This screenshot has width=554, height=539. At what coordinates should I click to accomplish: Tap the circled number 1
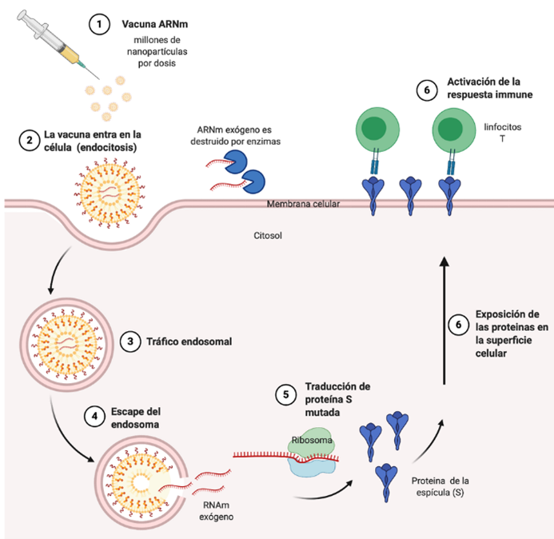pyautogui.click(x=99, y=24)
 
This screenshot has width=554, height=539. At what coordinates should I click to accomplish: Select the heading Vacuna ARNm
pyautogui.click(x=155, y=24)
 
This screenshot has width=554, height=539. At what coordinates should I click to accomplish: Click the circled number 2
pyautogui.click(x=30, y=140)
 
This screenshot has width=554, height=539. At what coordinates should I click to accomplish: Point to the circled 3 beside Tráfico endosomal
pyautogui.click(x=130, y=341)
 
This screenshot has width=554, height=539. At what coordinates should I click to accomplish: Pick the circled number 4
pyautogui.click(x=94, y=416)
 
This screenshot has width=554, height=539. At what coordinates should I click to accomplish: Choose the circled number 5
pyautogui.click(x=286, y=394)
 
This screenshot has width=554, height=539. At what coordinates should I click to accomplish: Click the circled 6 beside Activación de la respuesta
pyautogui.click(x=427, y=90)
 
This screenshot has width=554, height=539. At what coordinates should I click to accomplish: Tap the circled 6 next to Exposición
pyautogui.click(x=459, y=325)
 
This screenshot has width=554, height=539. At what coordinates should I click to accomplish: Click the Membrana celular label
pyautogui.click(x=303, y=204)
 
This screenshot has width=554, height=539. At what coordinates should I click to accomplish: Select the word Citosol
pyautogui.click(x=268, y=235)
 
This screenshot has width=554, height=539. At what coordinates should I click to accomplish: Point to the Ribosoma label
pyautogui.click(x=312, y=440)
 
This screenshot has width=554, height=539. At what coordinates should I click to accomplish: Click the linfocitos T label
pyautogui.click(x=502, y=133)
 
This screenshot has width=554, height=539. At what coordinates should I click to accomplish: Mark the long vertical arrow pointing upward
pyautogui.click(x=444, y=321)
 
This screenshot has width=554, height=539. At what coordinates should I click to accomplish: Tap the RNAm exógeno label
pyautogui.click(x=216, y=511)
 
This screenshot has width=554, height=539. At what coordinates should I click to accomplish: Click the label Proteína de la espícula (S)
pyautogui.click(x=440, y=487)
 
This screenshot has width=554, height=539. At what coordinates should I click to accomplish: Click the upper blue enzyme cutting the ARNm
pyautogui.click(x=236, y=162)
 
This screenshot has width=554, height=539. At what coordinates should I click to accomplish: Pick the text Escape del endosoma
pyautogui.click(x=136, y=417)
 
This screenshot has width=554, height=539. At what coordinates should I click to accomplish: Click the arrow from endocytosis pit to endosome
pyautogui.click(x=56, y=269)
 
